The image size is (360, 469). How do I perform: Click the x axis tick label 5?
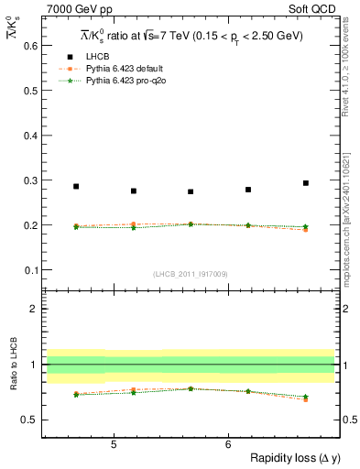pyautogui.click(x=113, y=444)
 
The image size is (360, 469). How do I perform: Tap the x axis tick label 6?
pyautogui.click(x=227, y=444)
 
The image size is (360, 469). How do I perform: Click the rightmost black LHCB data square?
pyautogui.click(x=306, y=183)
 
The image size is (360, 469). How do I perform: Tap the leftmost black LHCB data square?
pyautogui.click(x=76, y=186)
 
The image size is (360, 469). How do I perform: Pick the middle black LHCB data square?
pyautogui.click(x=191, y=191)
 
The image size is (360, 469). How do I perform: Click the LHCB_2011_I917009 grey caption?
pyautogui.click(x=191, y=274)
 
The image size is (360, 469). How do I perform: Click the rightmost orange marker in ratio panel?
pyautogui.click(x=306, y=399)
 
